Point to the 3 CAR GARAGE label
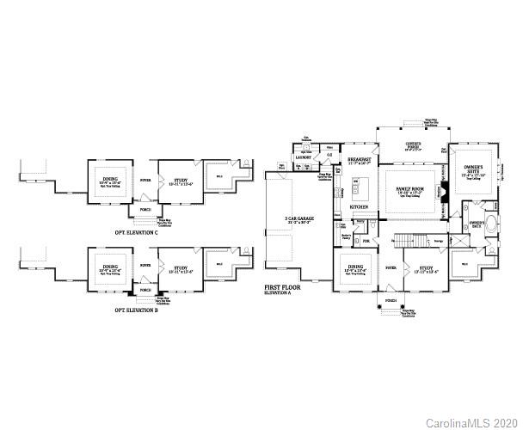(x=298, y=219)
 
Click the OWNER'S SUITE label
(x=473, y=169)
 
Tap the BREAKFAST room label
(x=360, y=160)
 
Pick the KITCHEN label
(x=360, y=207)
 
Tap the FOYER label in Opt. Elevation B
(x=145, y=266)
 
